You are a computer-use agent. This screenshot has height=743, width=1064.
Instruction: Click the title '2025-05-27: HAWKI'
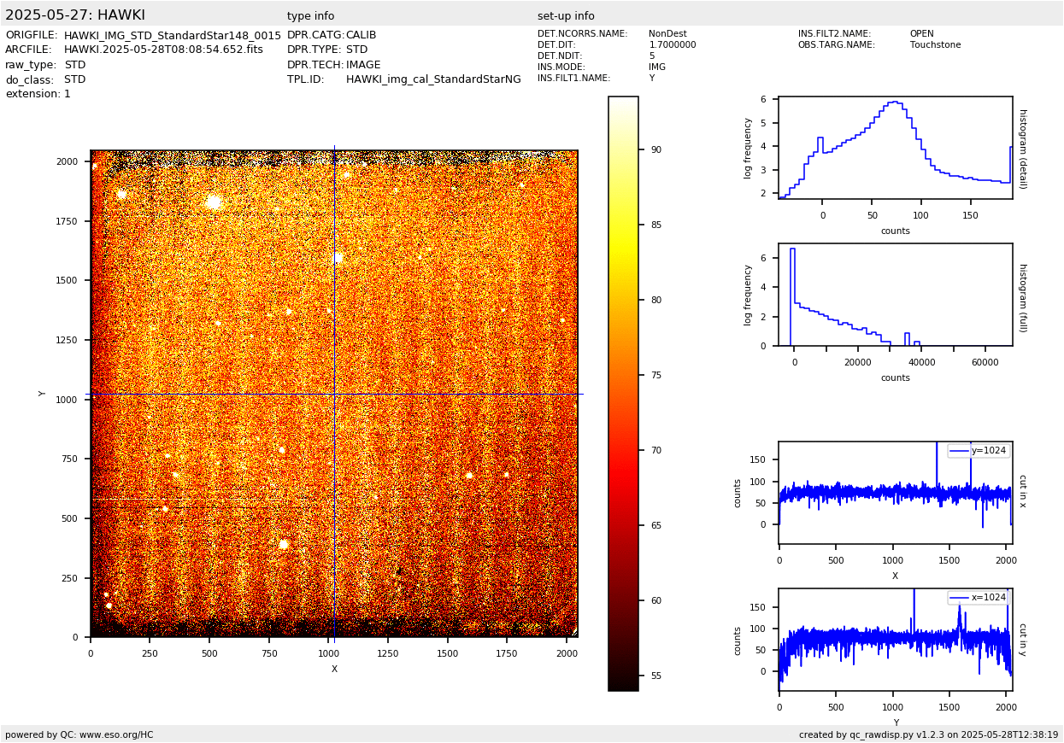pyautogui.click(x=75, y=15)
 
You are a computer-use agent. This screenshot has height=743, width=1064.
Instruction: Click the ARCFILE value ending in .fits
pyautogui.click(x=163, y=50)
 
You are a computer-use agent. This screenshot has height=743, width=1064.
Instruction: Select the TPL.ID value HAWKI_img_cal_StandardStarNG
pyautogui.click(x=433, y=79)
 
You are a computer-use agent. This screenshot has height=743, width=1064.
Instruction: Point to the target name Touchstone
pyautogui.click(x=935, y=45)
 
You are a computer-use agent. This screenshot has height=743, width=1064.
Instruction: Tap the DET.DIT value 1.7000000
pyautogui.click(x=673, y=45)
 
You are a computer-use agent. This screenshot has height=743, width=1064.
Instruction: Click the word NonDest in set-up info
pyautogui.click(x=667, y=34)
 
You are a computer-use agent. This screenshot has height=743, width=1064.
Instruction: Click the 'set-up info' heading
pyautogui.click(x=566, y=16)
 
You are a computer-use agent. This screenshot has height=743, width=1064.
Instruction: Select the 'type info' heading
pyautogui.click(x=310, y=16)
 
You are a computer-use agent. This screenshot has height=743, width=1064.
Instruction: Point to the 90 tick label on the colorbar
pyautogui.click(x=656, y=149)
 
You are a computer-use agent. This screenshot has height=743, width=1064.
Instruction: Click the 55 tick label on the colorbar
pyautogui.click(x=656, y=676)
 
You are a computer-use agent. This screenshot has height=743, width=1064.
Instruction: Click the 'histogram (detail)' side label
pyautogui.click(x=1022, y=148)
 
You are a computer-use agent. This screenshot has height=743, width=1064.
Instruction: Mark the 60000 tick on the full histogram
pyautogui.click(x=985, y=362)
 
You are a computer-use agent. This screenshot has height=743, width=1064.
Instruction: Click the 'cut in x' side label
pyautogui.click(x=1022, y=491)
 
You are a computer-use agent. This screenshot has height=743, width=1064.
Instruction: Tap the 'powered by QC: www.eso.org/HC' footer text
pyautogui.click(x=79, y=734)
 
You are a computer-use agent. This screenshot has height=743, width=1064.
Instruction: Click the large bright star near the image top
pyautogui.click(x=214, y=202)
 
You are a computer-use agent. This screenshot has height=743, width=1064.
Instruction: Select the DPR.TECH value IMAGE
pyautogui.click(x=363, y=65)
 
